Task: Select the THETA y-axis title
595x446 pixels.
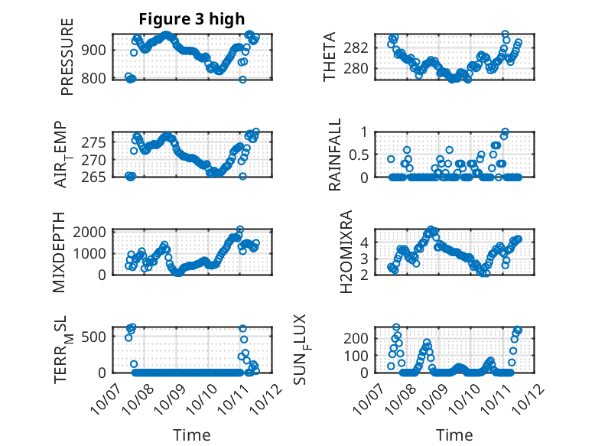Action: click(x=330, y=57)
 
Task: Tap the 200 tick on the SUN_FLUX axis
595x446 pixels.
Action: click(x=361, y=337)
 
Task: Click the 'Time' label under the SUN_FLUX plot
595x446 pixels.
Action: click(x=454, y=435)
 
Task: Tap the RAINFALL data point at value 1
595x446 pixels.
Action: click(x=505, y=132)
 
